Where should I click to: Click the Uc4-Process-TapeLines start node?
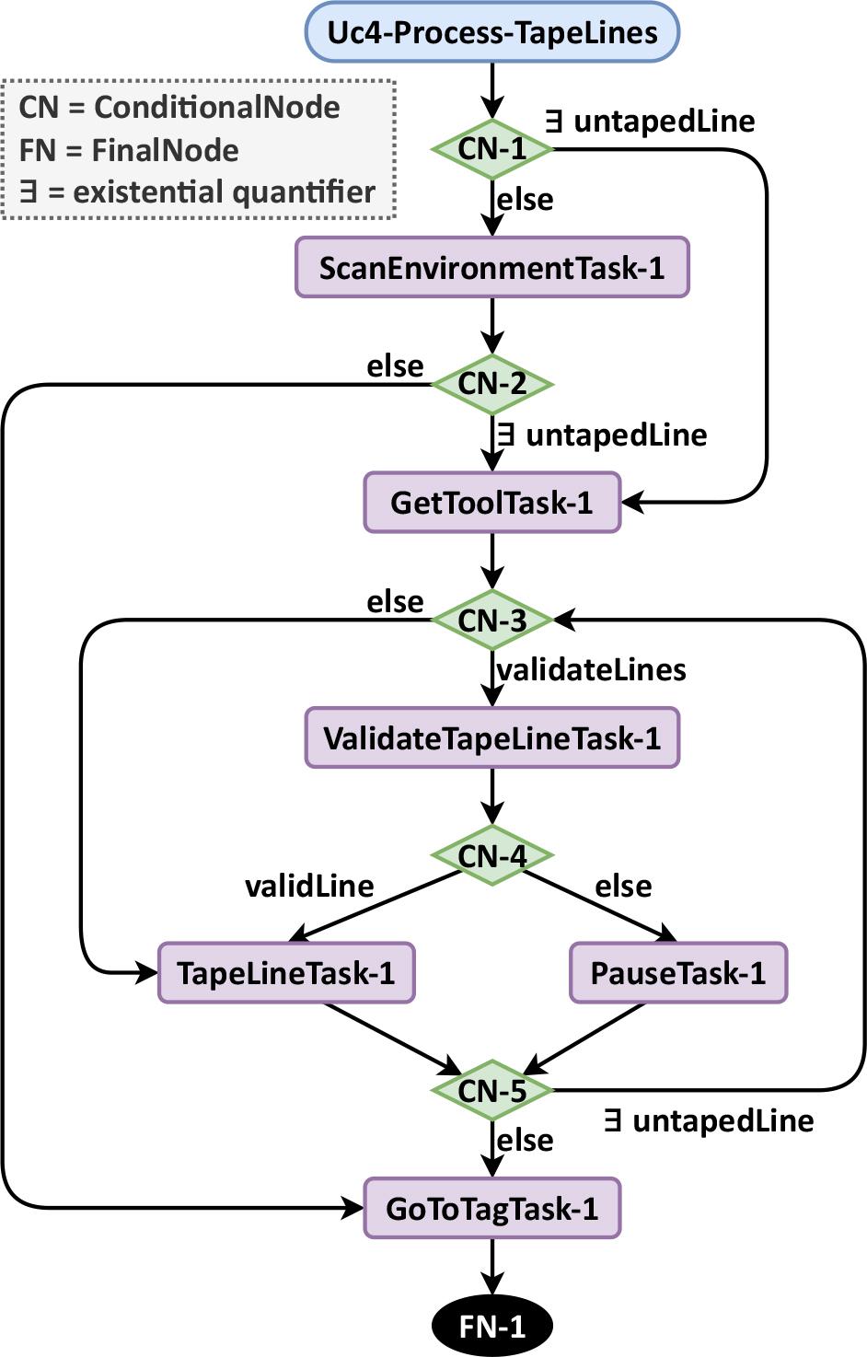pos(492,32)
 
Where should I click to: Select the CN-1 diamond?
pos(492,148)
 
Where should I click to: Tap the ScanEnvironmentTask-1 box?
pos(492,268)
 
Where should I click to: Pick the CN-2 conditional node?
pos(492,384)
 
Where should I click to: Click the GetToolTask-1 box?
pos(492,503)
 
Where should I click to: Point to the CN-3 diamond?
pos(492,620)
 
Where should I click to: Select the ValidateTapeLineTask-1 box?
pos(492,737)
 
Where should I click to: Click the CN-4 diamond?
pos(492,855)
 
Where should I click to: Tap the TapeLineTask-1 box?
pos(286,972)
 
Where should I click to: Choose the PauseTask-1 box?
pos(678,972)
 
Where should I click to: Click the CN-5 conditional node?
pos(492,1091)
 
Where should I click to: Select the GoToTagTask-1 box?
pos(492,1208)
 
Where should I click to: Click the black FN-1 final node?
pos(492,1326)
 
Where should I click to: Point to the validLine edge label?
pos(309,886)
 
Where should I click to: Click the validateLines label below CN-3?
pos(591,669)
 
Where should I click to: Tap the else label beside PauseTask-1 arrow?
pos(623,886)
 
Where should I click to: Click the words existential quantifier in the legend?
pos(224,191)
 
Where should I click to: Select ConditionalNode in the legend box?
pos(217,107)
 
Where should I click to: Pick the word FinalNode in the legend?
pos(166,149)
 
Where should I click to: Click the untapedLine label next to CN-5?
pos(722,1120)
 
